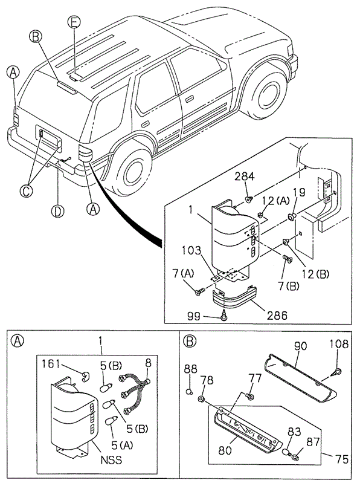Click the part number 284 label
[245, 177]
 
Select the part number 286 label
[277, 316]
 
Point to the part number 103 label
[191, 250]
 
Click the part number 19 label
[299, 192]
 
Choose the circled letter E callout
[74, 23]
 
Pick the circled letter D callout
[57, 212]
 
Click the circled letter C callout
[26, 191]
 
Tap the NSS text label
[111, 460]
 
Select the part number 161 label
[51, 364]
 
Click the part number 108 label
[339, 344]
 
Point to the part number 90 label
[300, 346]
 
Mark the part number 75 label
[341, 459]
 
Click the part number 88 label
[191, 369]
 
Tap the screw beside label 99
[224, 317]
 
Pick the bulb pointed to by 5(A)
[111, 422]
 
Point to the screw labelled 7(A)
[199, 291]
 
